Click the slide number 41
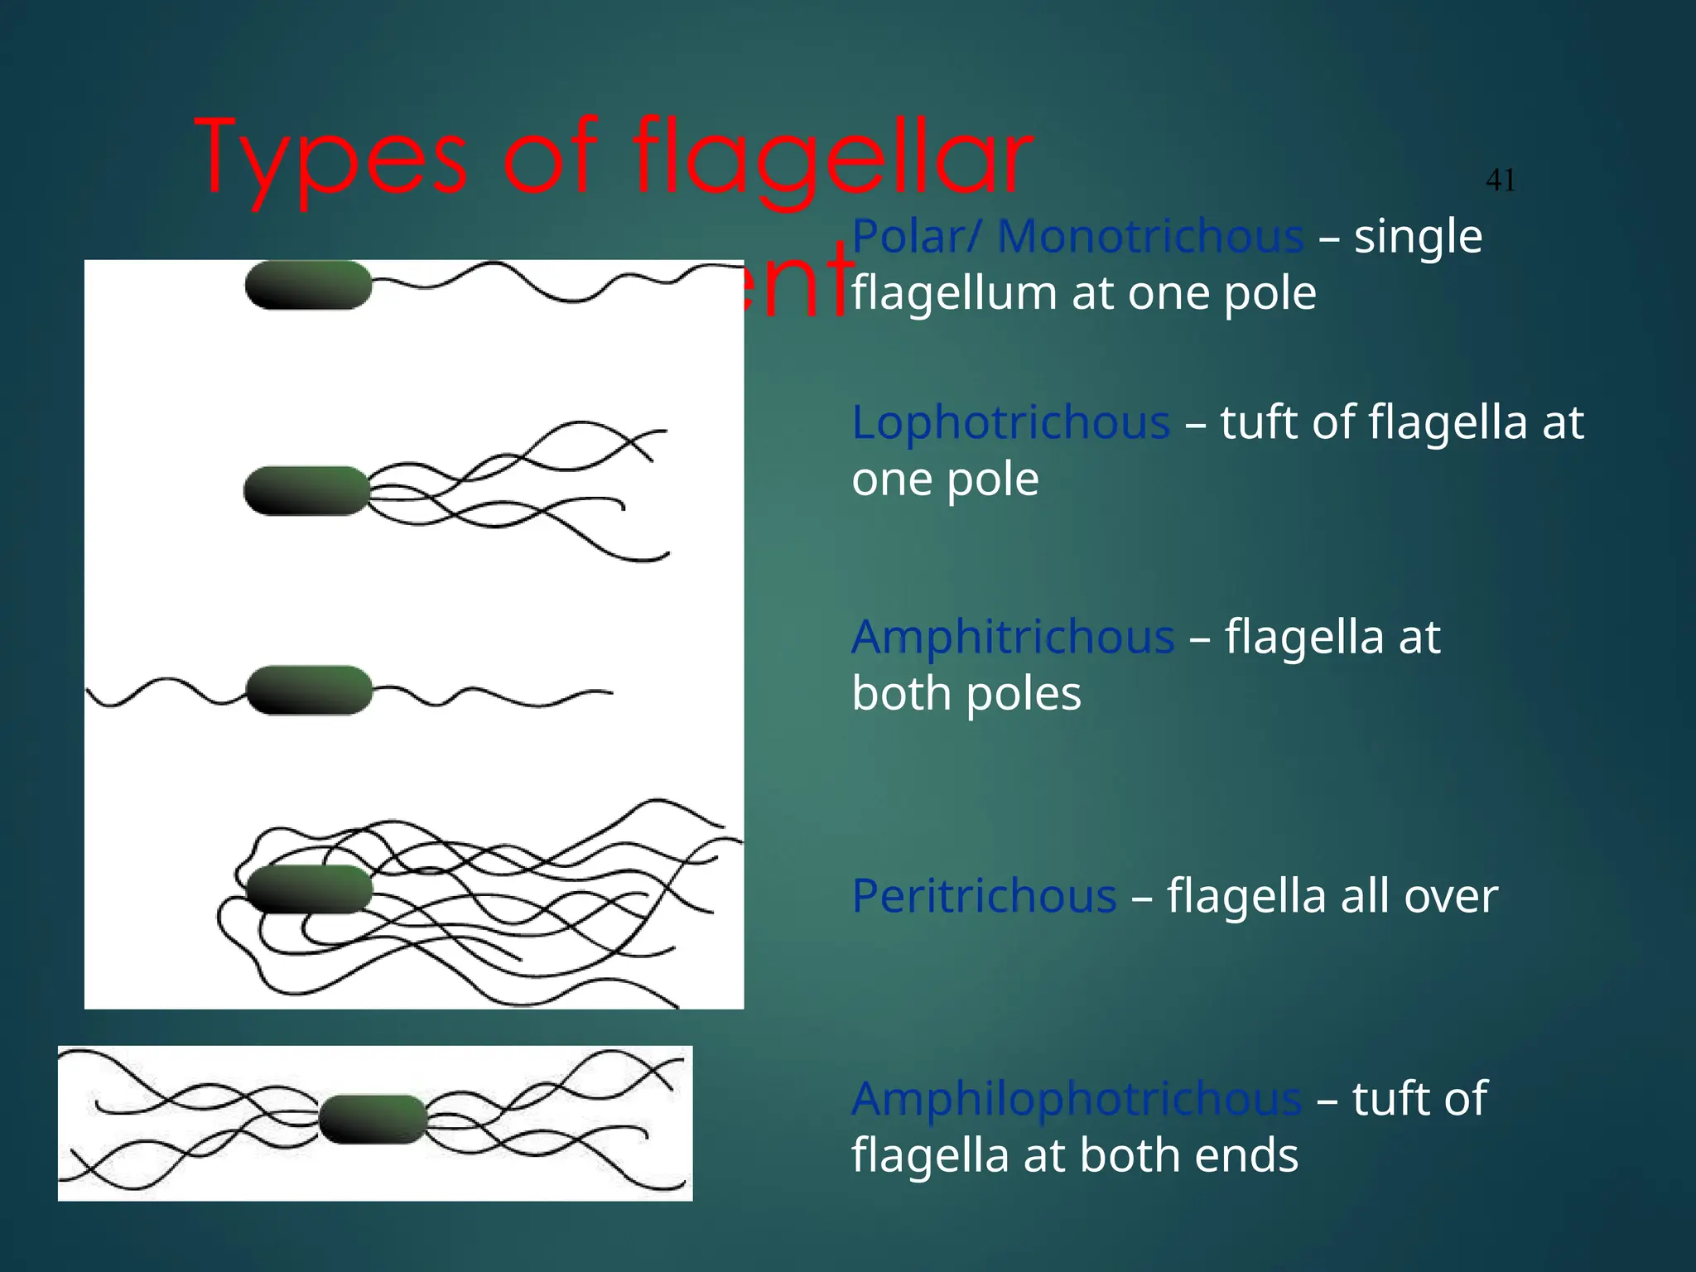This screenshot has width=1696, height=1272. coord(1501,180)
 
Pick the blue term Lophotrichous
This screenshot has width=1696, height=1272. coord(1010,422)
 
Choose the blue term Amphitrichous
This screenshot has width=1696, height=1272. coord(1012,637)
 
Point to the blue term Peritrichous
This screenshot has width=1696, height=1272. coord(984,896)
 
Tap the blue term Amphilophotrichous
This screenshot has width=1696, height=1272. coord(1077,1099)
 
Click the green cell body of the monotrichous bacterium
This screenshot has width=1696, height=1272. coord(308,286)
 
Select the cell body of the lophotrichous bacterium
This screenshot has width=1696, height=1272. coord(306,490)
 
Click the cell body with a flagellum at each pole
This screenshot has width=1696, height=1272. coord(309,690)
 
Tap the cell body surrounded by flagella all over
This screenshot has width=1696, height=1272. coord(309,889)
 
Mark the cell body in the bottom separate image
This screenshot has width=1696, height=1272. coord(373,1119)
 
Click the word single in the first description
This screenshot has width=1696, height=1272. coord(1418,236)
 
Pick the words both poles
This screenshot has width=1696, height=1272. coord(966,694)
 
